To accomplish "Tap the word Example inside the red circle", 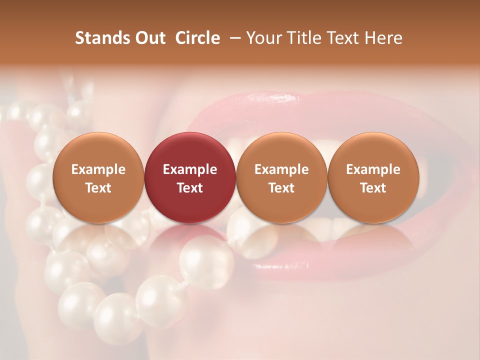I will click(189, 169).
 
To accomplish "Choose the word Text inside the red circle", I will click(189, 188).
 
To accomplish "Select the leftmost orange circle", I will click(98, 150).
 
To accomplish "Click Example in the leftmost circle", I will click(98, 169).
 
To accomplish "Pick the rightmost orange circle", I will click(373, 150).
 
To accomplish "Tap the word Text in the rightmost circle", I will click(373, 188).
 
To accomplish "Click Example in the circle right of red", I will click(281, 169).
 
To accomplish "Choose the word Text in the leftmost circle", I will click(98, 188).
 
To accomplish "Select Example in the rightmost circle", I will click(373, 169).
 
